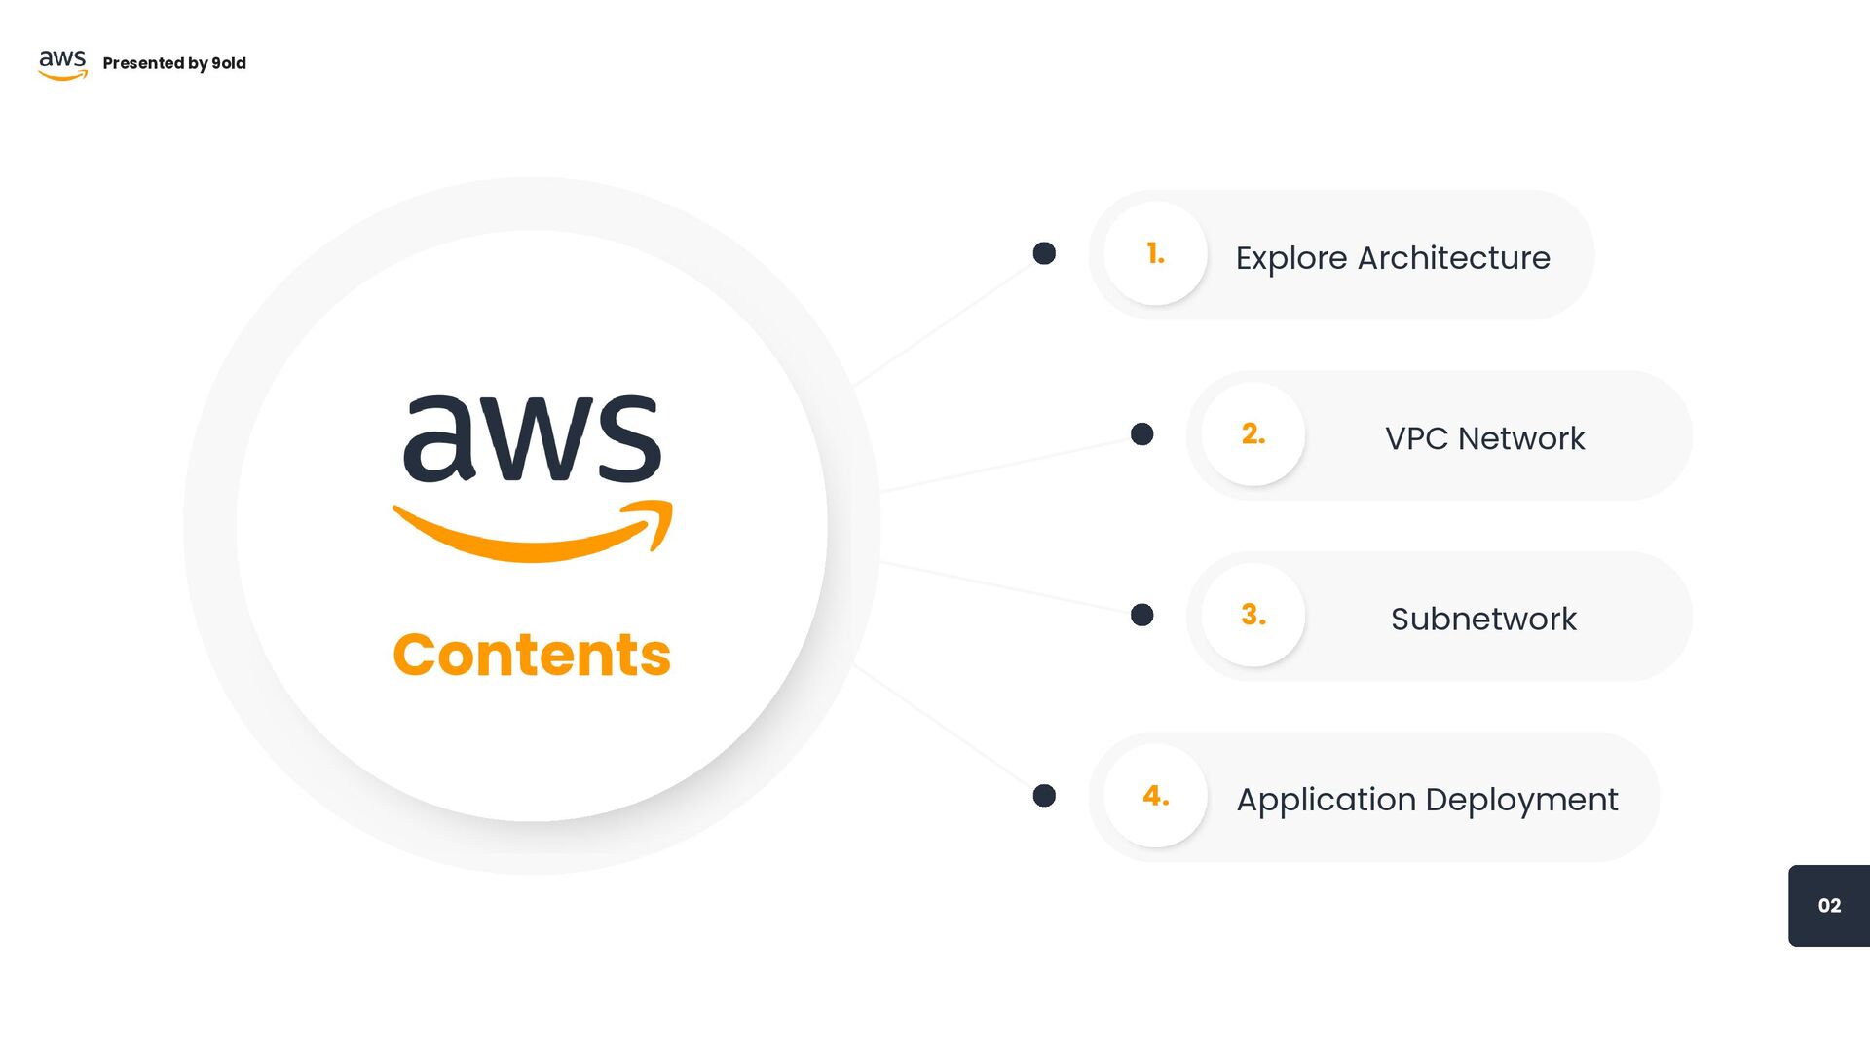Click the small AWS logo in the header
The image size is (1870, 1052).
pyautogui.click(x=62, y=64)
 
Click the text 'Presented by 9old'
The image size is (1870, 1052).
pyautogui.click(x=174, y=63)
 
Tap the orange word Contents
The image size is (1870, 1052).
pyautogui.click(x=532, y=655)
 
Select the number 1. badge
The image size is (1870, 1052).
pyautogui.click(x=1155, y=253)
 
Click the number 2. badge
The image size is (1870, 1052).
pyautogui.click(x=1253, y=434)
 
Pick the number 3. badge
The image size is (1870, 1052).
pyautogui.click(x=1253, y=615)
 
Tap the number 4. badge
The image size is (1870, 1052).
pyautogui.click(x=1155, y=796)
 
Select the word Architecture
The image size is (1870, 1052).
pyautogui.click(x=1453, y=258)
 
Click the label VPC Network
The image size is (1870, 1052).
pyautogui.click(x=1484, y=438)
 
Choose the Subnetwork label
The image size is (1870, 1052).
pyautogui.click(x=1483, y=619)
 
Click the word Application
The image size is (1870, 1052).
pyautogui.click(x=1326, y=800)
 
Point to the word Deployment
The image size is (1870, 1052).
pyautogui.click(x=1521, y=800)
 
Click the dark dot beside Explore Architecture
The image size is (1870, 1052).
pyautogui.click(x=1044, y=253)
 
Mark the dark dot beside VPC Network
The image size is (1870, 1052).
pyautogui.click(x=1141, y=434)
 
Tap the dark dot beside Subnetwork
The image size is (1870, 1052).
pyautogui.click(x=1141, y=615)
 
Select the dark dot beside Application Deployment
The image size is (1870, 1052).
pyautogui.click(x=1044, y=796)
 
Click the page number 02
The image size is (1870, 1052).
pyautogui.click(x=1829, y=906)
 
